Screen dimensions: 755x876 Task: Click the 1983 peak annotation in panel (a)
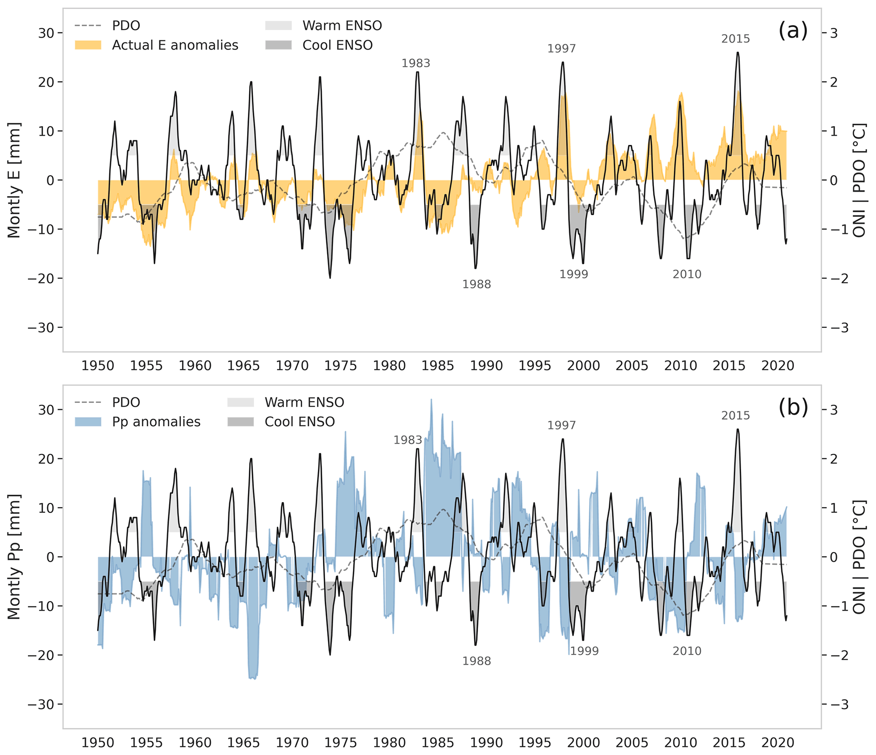point(415,63)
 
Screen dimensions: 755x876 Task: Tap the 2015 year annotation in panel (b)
point(735,416)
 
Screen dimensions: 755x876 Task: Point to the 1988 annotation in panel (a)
point(476,284)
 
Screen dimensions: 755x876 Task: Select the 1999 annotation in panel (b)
point(584,651)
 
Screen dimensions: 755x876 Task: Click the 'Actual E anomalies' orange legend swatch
point(88,45)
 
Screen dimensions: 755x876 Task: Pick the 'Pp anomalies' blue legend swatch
point(88,422)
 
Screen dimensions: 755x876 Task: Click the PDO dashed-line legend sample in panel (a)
point(88,26)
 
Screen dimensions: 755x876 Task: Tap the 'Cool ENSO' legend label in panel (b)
point(300,422)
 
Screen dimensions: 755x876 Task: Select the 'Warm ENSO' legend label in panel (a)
point(342,26)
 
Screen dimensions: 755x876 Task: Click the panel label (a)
point(793,31)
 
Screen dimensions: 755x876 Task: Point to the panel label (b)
point(793,408)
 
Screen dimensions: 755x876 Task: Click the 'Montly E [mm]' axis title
point(14,180)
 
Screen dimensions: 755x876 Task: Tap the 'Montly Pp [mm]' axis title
point(14,557)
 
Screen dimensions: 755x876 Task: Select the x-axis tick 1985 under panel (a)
point(438,366)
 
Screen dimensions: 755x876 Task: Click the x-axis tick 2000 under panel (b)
point(583,743)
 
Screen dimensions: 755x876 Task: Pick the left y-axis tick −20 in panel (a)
point(41,278)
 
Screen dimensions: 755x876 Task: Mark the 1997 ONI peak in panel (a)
point(562,62)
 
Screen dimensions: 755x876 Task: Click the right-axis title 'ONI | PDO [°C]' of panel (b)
point(859,557)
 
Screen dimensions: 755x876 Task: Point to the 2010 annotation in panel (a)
point(687,275)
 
